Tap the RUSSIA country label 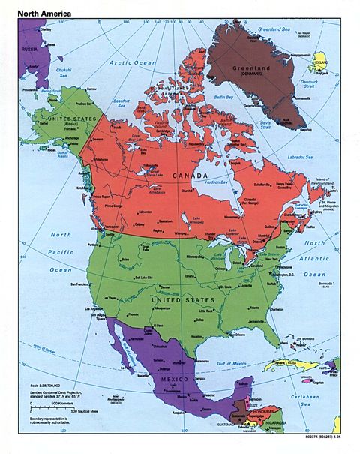[29, 50]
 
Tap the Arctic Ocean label [133, 63]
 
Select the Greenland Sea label [274, 29]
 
